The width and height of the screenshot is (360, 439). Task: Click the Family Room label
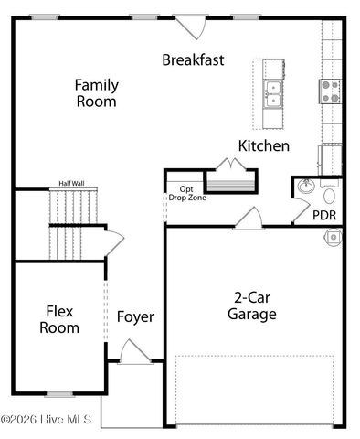tap(96, 93)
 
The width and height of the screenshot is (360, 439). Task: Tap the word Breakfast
tap(194, 59)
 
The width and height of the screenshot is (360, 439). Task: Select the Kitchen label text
tap(264, 145)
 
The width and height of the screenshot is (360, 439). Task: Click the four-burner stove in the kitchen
tap(330, 90)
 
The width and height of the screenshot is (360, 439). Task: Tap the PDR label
tap(324, 216)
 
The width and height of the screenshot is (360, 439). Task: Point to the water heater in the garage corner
tap(334, 237)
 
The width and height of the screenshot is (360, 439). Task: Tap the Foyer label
tap(135, 317)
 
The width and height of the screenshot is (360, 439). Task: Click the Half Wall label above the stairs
tap(71, 183)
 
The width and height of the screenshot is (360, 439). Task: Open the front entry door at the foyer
tap(133, 353)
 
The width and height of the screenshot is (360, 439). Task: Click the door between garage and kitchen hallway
tap(247, 219)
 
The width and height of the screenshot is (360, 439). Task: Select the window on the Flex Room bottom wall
tap(59, 394)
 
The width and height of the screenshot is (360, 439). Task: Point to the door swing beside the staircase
tap(113, 241)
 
